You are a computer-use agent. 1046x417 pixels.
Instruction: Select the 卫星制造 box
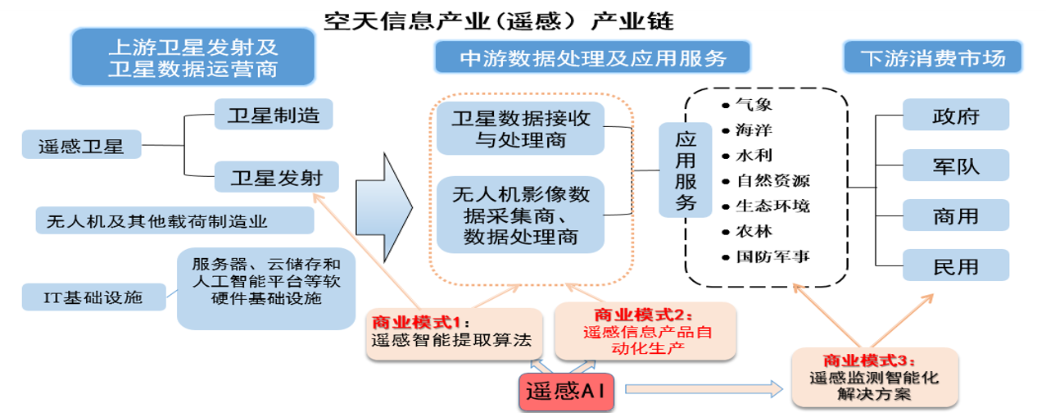coord(274,114)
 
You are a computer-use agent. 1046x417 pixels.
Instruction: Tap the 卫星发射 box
coord(274,176)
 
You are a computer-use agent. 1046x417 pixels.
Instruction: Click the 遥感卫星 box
coord(81,146)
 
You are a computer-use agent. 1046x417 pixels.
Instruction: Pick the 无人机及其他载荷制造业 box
coord(174,220)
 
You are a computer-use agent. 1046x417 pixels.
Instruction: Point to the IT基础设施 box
coord(93,296)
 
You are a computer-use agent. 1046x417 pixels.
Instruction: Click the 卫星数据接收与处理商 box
coord(520,129)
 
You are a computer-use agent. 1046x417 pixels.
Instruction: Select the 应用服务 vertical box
coord(686,170)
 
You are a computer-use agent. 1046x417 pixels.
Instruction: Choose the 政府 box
coord(955,115)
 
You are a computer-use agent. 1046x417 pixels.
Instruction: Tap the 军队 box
coord(955,165)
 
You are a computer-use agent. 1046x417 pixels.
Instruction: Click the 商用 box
coord(955,216)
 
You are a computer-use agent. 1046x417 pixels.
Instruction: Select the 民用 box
coord(955,267)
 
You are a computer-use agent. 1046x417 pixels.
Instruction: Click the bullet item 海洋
coord(754,129)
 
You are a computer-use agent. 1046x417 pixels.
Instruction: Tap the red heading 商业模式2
coord(644,315)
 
